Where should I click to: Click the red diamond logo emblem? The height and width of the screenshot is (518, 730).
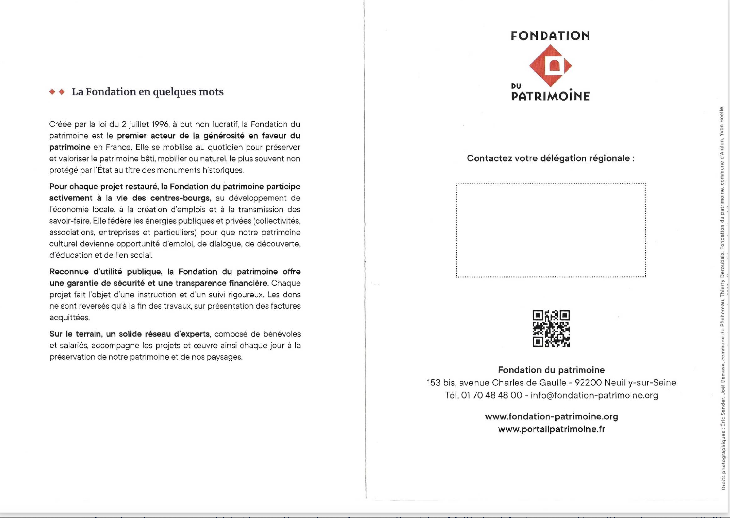click(550, 66)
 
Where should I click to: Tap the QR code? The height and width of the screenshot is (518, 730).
click(551, 329)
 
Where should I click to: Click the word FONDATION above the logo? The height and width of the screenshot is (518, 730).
click(550, 36)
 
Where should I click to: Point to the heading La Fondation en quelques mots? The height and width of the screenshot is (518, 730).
click(147, 92)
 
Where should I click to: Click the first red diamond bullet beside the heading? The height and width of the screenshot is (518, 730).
click(52, 92)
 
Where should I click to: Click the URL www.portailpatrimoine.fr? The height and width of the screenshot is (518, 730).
click(551, 429)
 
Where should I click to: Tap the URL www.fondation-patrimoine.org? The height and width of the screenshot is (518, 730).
click(551, 416)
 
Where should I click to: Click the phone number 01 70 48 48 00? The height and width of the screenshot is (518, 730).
click(492, 396)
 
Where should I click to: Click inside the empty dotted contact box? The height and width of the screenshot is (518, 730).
click(551, 230)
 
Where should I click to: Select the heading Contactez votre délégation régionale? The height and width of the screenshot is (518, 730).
click(550, 158)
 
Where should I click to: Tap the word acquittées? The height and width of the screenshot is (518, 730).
click(70, 318)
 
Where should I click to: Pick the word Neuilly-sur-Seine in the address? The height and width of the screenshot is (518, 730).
click(640, 382)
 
